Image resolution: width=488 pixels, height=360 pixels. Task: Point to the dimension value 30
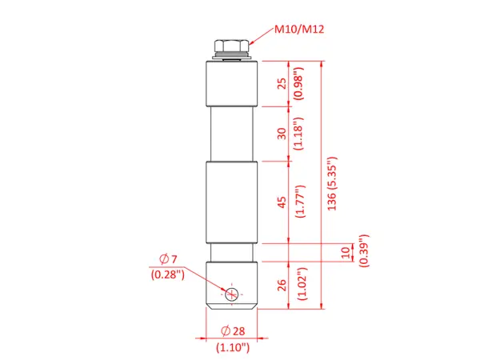282,133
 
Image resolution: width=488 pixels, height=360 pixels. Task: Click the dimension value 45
282,202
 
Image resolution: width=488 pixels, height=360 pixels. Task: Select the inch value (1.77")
298,202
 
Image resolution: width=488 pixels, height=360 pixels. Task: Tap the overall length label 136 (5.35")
332,182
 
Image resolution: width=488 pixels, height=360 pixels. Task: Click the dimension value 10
346,252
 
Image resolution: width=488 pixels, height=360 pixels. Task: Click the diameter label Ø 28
233,331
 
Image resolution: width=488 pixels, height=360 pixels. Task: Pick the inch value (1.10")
233,347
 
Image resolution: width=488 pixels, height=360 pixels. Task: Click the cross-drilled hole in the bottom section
232,294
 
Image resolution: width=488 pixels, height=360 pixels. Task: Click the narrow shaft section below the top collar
232,133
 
